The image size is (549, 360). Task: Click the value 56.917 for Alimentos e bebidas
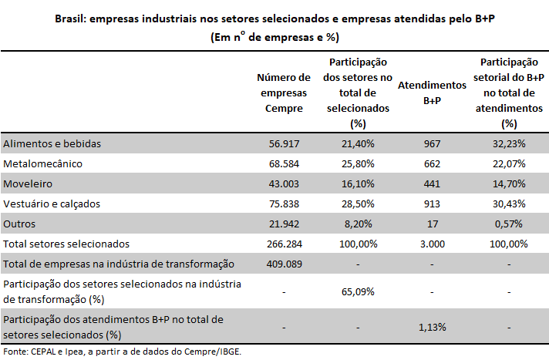(x=284, y=143)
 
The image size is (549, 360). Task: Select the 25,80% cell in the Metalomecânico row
(x=358, y=163)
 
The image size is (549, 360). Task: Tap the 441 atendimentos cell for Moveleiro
(x=432, y=183)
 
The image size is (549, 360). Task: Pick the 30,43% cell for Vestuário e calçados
(x=509, y=204)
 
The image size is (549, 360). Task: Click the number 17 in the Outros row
(x=433, y=224)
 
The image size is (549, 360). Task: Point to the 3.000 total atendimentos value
(x=433, y=244)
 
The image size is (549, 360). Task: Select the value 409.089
(x=284, y=264)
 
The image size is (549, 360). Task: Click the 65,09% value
(x=358, y=291)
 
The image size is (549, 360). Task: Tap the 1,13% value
(x=433, y=327)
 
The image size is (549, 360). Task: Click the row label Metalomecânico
(x=42, y=163)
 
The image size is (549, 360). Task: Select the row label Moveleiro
(x=28, y=183)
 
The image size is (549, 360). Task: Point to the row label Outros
(x=19, y=224)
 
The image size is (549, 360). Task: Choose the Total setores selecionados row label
(x=66, y=244)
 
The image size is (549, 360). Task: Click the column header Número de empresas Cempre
(x=284, y=93)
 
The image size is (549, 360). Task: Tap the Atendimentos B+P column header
(x=432, y=93)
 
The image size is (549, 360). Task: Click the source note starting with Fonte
(x=122, y=352)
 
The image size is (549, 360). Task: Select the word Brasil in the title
(x=70, y=19)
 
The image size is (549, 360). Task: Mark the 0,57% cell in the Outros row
(x=509, y=224)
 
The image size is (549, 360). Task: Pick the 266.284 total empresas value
(x=285, y=244)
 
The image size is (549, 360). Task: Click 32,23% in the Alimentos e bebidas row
(x=509, y=143)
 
